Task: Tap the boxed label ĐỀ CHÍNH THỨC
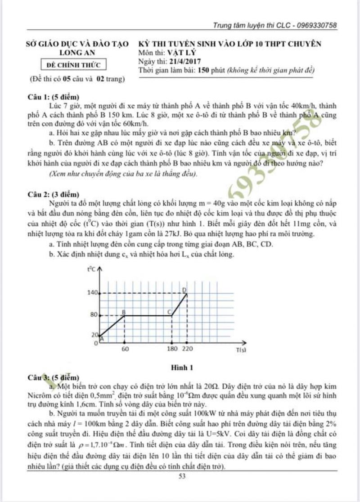click(x=74, y=64)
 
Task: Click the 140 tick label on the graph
click(x=92, y=293)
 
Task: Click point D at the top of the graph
click(x=184, y=290)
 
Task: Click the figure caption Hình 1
click(x=182, y=367)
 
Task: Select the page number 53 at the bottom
click(x=182, y=477)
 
